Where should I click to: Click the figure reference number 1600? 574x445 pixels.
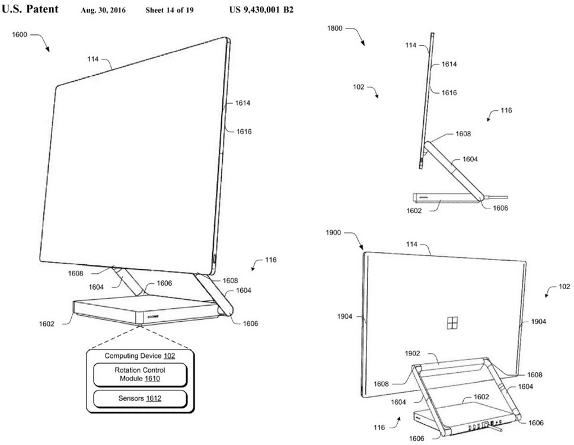[20, 36]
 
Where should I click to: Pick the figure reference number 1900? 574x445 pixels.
[334, 233]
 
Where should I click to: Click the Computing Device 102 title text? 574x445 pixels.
[140, 356]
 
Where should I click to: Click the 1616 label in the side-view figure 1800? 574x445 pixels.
[448, 92]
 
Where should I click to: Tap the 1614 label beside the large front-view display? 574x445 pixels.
[243, 103]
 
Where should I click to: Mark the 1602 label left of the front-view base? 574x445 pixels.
[47, 324]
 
